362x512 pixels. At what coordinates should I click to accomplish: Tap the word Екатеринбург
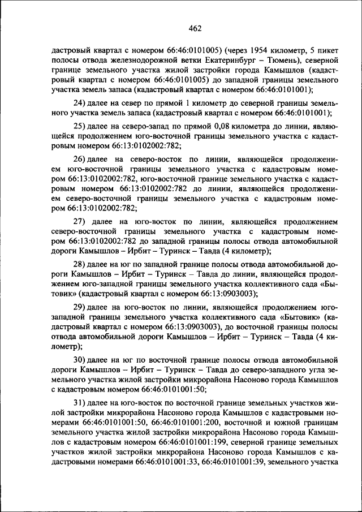click(x=244, y=59)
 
